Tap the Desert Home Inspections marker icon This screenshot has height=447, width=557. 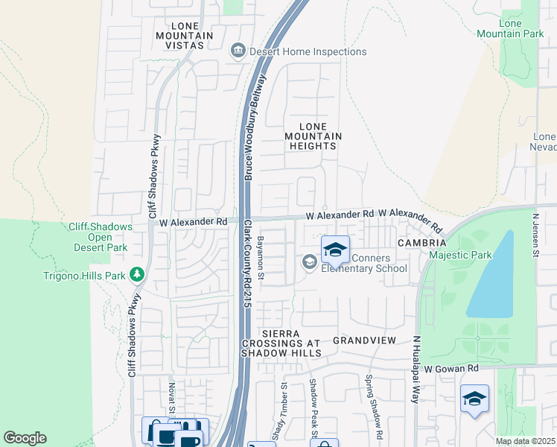pos(238,51)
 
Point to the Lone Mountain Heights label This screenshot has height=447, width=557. pos(313,136)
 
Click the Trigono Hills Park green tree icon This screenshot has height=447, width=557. pos(136,275)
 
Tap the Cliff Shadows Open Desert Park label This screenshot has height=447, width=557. pos(101,237)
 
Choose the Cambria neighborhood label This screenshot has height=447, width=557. pos(421,243)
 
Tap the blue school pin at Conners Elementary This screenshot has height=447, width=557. pos(335,250)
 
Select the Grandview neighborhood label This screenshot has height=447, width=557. pos(363,340)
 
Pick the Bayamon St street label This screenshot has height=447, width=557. pos(261,256)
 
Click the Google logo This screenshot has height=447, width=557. pos(25,438)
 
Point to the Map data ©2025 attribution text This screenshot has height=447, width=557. pos(524,441)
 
